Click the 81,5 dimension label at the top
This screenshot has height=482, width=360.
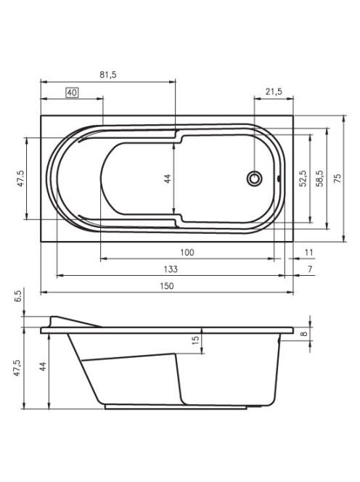click(x=108, y=75)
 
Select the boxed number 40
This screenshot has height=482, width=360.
click(x=72, y=92)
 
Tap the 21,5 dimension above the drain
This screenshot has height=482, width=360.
click(x=274, y=91)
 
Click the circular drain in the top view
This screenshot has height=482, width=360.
click(x=255, y=179)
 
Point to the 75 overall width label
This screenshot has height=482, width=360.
click(x=337, y=179)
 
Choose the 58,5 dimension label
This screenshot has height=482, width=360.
click(x=320, y=179)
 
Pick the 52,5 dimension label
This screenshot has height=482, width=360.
click(x=303, y=179)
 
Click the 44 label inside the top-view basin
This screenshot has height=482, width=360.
click(x=168, y=179)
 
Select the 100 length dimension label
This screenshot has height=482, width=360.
click(x=187, y=253)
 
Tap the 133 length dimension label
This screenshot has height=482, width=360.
click(x=171, y=269)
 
